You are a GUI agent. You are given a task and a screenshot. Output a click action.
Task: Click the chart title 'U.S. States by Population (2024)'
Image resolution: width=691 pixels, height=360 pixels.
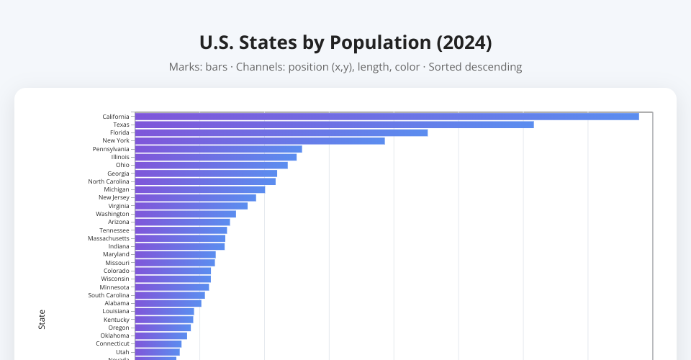[x=345, y=42]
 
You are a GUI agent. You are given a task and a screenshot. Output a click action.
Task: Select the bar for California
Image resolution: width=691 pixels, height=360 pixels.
[x=387, y=117]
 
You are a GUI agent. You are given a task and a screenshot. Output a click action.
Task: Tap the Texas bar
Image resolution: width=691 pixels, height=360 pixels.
[x=334, y=125]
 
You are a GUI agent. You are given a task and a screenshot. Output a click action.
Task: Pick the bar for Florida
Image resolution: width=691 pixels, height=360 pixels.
[x=281, y=132]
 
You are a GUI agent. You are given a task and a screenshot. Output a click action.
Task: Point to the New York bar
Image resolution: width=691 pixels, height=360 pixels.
[x=259, y=140]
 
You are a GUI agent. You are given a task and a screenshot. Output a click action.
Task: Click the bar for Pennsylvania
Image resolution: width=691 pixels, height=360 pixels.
[x=218, y=149]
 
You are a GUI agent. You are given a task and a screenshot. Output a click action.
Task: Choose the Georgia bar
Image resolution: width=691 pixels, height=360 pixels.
[x=206, y=174]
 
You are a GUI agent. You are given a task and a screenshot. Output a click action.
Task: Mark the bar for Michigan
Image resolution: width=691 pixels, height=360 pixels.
[x=199, y=189]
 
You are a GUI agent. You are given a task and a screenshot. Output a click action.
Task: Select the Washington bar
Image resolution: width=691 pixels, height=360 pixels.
[x=185, y=214]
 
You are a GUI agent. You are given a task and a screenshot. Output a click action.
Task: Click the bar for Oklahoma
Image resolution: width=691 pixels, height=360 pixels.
[x=161, y=336]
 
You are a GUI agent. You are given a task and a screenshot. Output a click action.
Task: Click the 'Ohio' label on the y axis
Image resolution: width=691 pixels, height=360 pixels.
[x=122, y=165]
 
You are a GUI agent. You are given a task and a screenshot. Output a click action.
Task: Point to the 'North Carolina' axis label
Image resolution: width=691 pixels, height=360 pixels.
[x=109, y=181]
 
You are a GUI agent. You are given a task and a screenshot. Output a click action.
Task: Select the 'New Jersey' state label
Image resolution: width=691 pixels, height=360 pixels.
[x=114, y=197]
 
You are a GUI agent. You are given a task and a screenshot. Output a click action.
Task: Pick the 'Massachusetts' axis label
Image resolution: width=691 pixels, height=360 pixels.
[x=109, y=238]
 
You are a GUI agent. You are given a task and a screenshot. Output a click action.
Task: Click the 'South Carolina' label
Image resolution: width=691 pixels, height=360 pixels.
[x=109, y=295]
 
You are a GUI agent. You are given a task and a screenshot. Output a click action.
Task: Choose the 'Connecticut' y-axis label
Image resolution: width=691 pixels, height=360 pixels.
[x=112, y=343]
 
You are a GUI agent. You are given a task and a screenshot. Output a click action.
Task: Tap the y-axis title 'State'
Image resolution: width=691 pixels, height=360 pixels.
[x=42, y=320]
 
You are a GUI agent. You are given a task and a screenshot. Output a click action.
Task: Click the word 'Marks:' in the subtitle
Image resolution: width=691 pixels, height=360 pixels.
[x=185, y=67]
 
